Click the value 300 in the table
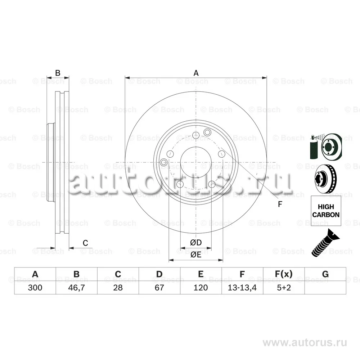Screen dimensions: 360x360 pyautogui.click(x=35, y=287)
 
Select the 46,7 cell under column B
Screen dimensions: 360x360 pyautogui.click(x=76, y=288)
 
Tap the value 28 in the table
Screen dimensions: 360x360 pyautogui.click(x=118, y=287)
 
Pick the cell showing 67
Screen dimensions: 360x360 pyautogui.click(x=159, y=287)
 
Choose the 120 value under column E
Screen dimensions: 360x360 pyautogui.click(x=201, y=287)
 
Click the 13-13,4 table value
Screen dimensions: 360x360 pyautogui.click(x=242, y=288)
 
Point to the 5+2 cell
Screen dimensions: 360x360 pyautogui.click(x=284, y=287)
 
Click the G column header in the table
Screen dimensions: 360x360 pyautogui.click(x=325, y=274)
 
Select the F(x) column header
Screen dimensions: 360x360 pyautogui.click(x=284, y=274)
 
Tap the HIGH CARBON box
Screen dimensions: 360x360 pyautogui.click(x=326, y=211)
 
